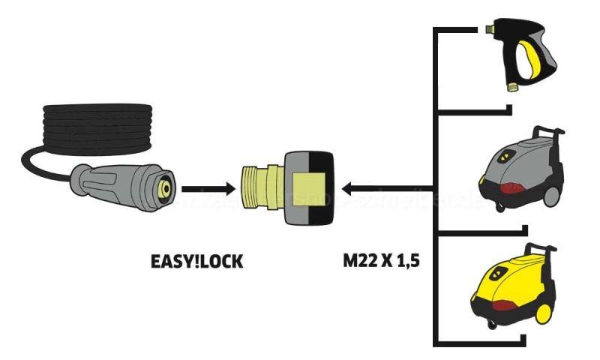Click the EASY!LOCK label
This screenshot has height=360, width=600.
[x=196, y=263]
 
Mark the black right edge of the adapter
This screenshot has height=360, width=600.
[x=325, y=187]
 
